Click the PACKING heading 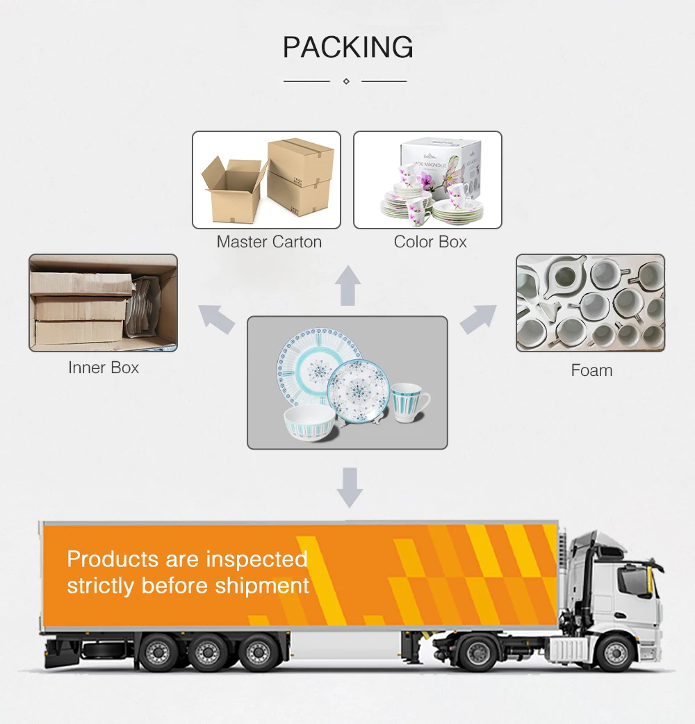click(x=347, y=47)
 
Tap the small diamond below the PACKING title click(x=346, y=81)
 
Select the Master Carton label click(x=269, y=242)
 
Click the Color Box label click(x=430, y=242)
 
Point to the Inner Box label click(x=104, y=368)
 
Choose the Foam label click(x=591, y=370)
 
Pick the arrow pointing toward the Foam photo click(x=478, y=318)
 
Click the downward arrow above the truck click(x=350, y=486)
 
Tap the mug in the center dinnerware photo click(x=409, y=404)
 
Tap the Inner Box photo click(x=103, y=303)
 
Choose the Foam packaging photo click(x=590, y=303)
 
